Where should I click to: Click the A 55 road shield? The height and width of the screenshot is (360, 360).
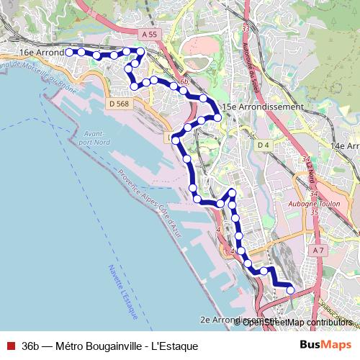click(149, 35)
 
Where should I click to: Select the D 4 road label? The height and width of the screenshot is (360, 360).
click(264, 145)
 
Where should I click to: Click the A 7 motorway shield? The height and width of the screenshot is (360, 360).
click(319, 249)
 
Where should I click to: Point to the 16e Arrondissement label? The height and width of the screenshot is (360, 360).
click(41, 53)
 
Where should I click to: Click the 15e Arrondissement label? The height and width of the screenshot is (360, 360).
click(263, 107)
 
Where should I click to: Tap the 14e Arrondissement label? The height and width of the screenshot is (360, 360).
click(344, 146)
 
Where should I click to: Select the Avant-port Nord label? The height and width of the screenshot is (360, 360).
click(94, 138)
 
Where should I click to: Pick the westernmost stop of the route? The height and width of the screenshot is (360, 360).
click(70, 52)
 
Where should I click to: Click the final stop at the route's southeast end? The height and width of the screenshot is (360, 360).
click(291, 289)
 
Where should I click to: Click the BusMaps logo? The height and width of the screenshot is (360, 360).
click(325, 346)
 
